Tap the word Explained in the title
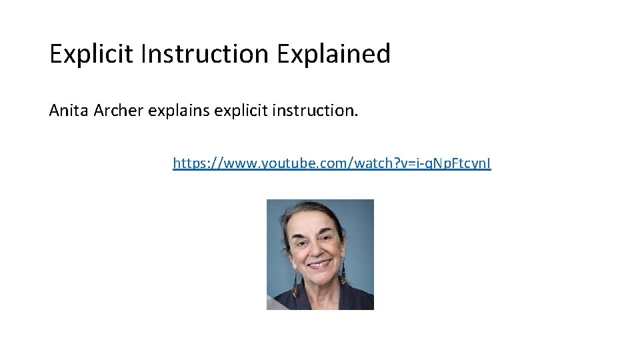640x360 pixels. tap(334, 54)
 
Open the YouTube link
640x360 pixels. tap(332, 163)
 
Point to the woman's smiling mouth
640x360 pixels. tap(319, 265)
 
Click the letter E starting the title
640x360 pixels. tap(55, 54)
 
